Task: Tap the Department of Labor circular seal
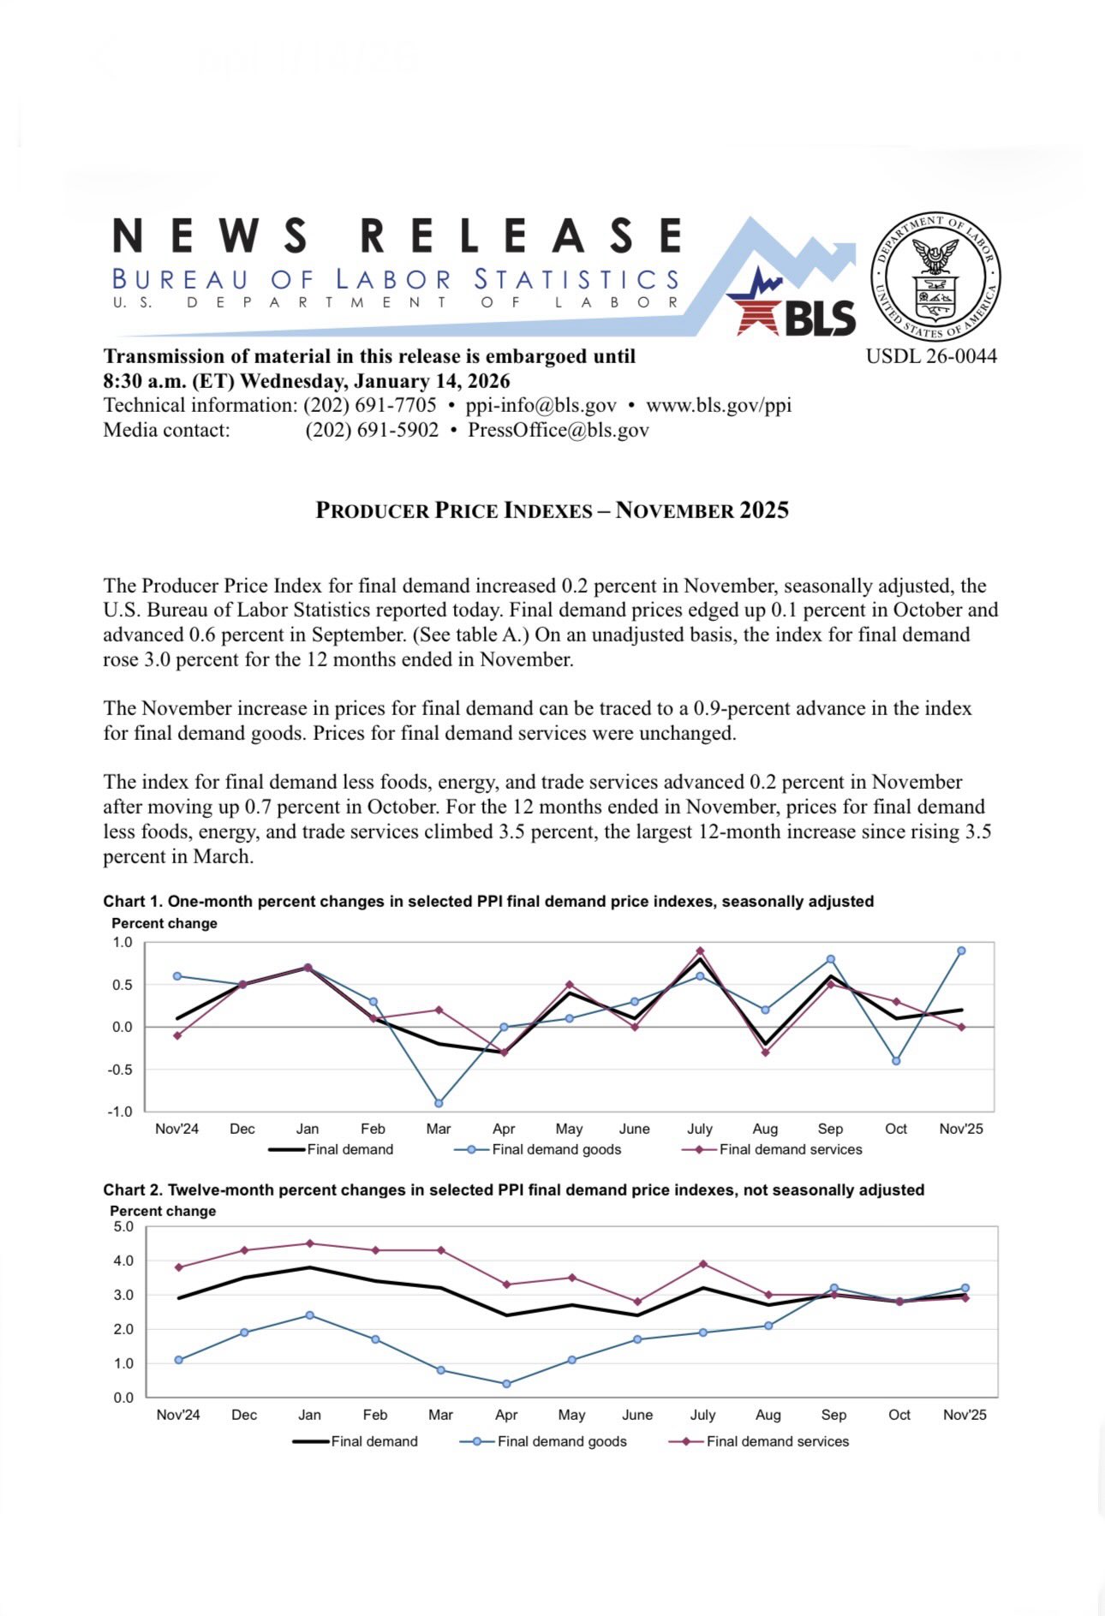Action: (935, 276)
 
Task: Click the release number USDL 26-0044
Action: (931, 356)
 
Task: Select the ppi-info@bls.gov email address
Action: (541, 405)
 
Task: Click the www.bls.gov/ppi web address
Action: (718, 405)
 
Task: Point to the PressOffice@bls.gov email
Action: (558, 430)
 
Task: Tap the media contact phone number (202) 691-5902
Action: (372, 430)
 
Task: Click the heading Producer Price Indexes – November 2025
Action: (552, 510)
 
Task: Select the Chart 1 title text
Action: (488, 901)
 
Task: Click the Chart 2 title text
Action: (513, 1190)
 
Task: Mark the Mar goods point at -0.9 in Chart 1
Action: (439, 1103)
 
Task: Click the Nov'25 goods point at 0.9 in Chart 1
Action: (961, 951)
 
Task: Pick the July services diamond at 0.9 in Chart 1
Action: (700, 951)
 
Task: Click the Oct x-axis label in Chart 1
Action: (896, 1129)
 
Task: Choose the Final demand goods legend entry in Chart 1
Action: (556, 1149)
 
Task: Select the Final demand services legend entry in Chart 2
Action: (777, 1441)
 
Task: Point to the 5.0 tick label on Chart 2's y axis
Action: (123, 1226)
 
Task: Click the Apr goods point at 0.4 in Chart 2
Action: (506, 1384)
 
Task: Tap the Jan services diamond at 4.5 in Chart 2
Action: (309, 1243)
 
